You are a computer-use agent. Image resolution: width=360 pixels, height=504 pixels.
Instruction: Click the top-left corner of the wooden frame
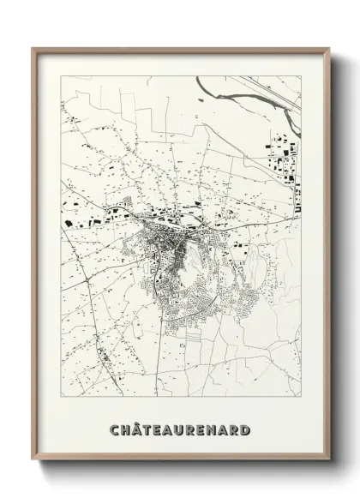tap(33, 48)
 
